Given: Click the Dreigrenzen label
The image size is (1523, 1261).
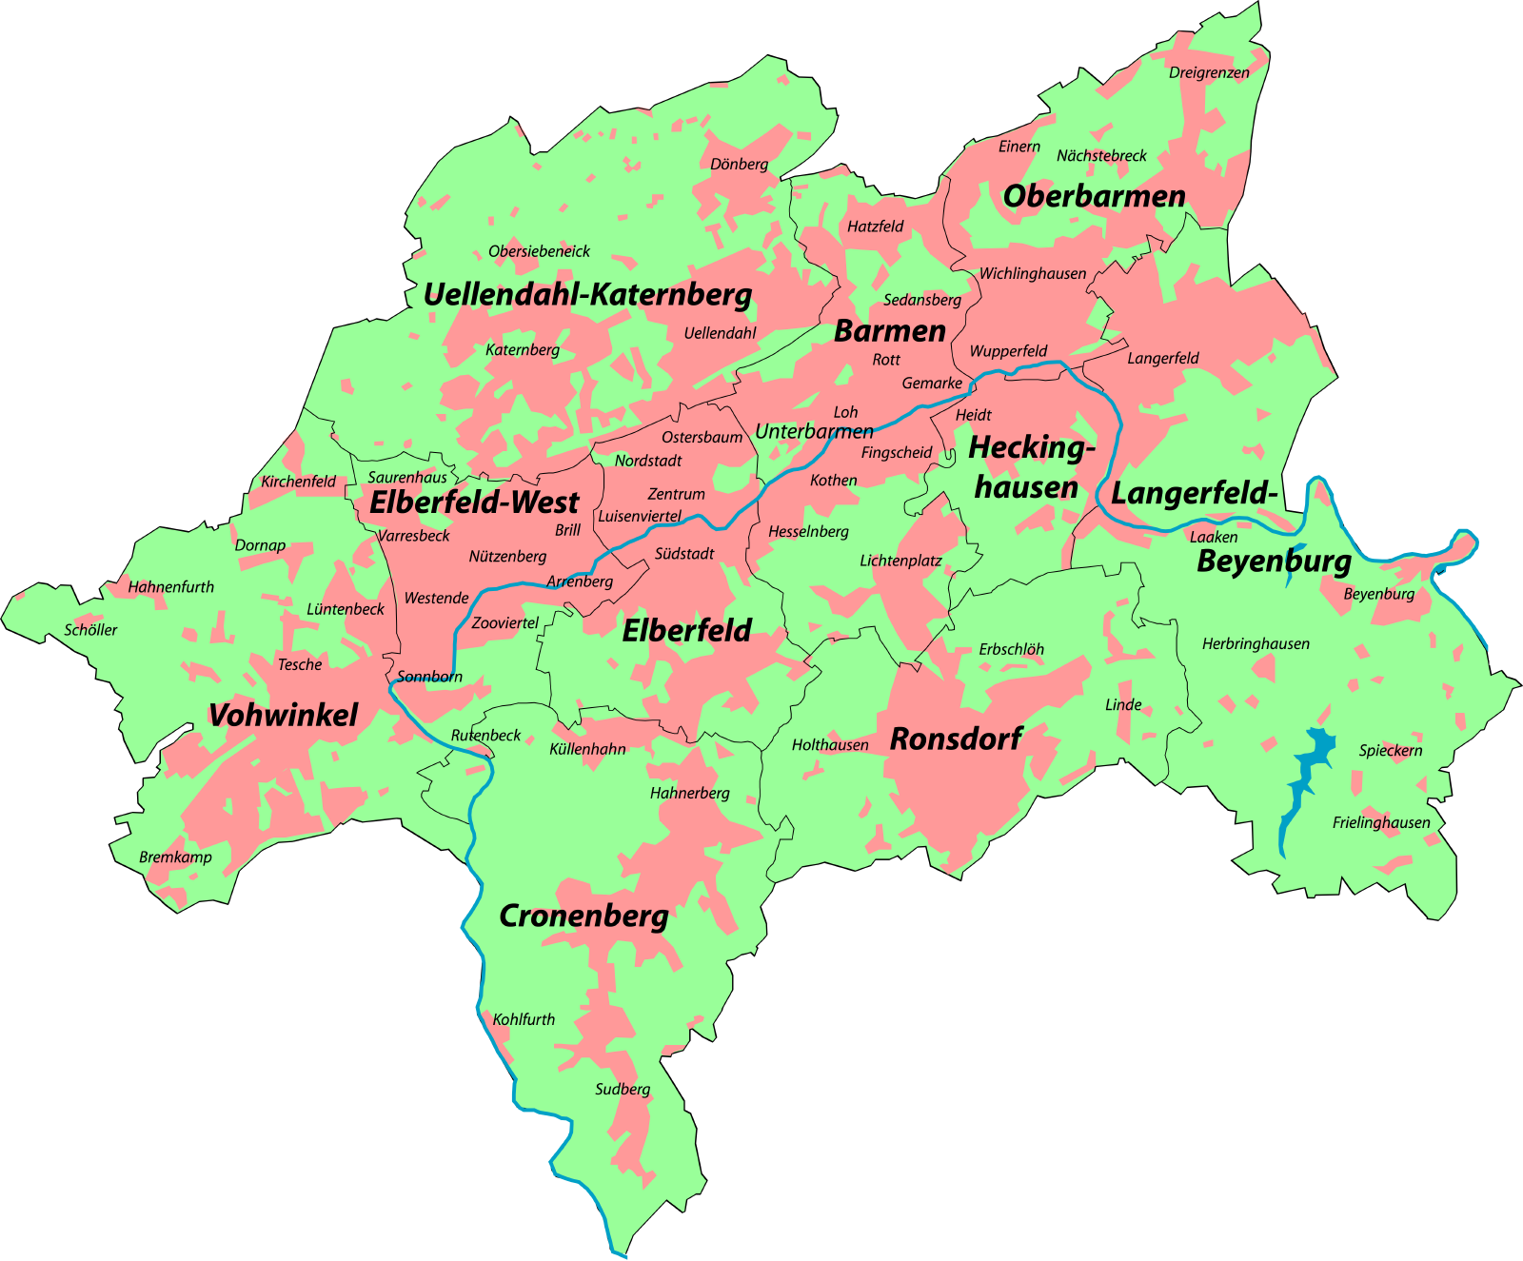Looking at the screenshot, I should (x=1208, y=72).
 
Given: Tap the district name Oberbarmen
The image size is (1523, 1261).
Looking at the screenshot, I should (x=1094, y=196).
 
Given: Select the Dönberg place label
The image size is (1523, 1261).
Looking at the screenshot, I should (x=739, y=164).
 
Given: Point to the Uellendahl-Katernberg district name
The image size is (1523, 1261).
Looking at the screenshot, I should (x=587, y=294).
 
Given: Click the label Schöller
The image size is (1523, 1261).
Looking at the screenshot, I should (x=90, y=630).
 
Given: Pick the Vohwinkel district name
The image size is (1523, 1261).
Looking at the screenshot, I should (x=283, y=716).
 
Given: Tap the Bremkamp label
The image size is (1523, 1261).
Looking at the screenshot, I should (x=175, y=857).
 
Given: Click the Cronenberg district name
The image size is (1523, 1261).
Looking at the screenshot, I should (x=583, y=916).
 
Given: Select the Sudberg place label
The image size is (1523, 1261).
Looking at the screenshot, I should (x=623, y=1089).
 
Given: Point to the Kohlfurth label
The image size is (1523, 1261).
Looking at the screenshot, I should (x=524, y=1019).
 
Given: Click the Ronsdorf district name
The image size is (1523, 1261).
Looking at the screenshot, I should (x=956, y=739).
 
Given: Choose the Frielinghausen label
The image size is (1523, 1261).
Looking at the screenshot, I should (x=1380, y=822).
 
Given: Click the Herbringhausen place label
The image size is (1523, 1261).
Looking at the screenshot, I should (x=1255, y=644).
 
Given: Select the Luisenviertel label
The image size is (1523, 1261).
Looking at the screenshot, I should (x=640, y=516).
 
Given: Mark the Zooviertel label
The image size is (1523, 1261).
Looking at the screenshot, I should (x=505, y=623).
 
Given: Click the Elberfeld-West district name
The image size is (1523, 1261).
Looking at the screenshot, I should (x=474, y=502).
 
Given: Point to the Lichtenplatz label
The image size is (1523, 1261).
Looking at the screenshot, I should (x=900, y=561).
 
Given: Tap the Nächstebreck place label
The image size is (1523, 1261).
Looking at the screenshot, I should (x=1101, y=155).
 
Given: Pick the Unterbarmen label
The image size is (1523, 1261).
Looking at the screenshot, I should (x=814, y=431).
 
